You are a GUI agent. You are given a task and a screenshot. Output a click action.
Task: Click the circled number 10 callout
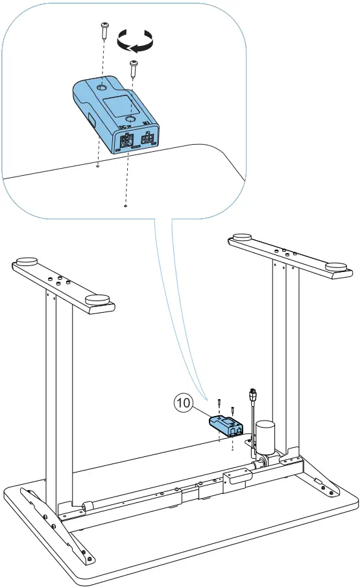[x=184, y=403]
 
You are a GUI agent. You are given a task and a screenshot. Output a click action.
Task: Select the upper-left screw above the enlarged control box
[x=103, y=29]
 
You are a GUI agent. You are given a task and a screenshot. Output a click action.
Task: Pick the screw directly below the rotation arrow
[x=133, y=67]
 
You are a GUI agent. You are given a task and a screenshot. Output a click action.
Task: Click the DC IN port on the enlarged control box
[x=126, y=140]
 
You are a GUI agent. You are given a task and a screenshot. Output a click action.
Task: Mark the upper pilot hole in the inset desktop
[x=97, y=166]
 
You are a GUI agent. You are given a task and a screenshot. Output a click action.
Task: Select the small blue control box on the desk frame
[x=224, y=425]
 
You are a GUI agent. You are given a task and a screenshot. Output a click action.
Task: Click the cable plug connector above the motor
[x=252, y=396]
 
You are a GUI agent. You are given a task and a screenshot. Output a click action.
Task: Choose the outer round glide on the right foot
[x=336, y=266]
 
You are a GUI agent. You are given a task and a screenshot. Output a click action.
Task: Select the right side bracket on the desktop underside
[x=321, y=480]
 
